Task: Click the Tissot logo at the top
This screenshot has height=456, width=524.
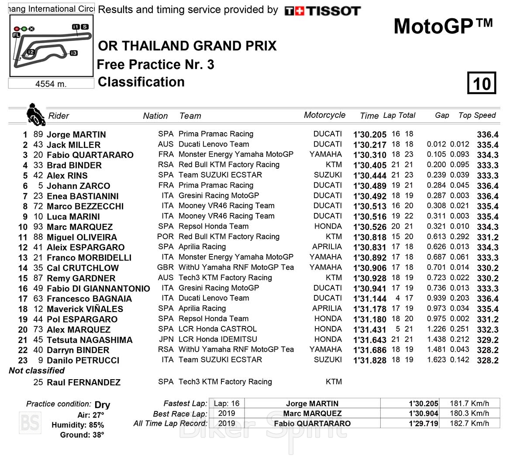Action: click(x=322, y=11)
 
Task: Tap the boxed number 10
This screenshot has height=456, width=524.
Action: click(x=482, y=83)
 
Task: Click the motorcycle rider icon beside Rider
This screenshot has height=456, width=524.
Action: click(x=35, y=114)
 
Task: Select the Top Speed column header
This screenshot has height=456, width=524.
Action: click(x=477, y=115)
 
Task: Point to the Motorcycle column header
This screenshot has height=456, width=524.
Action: click(x=324, y=115)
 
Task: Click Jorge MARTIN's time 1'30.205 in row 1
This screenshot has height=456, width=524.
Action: click(x=369, y=134)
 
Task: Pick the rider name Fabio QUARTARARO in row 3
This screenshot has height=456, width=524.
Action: click(x=90, y=155)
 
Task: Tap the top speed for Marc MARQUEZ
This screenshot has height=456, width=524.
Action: click(x=487, y=227)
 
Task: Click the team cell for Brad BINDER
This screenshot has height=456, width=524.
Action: click(x=229, y=165)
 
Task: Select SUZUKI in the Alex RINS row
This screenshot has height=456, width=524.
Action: click(x=327, y=175)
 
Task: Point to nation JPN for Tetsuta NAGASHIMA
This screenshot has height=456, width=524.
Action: click(x=165, y=339)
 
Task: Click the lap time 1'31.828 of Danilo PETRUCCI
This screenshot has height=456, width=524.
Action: click(x=369, y=360)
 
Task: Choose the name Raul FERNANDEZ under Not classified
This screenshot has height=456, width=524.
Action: click(x=83, y=382)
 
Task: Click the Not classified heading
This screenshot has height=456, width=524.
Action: click(x=37, y=370)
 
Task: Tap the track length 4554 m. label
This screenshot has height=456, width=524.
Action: click(x=51, y=84)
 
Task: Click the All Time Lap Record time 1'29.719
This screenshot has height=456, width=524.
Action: click(x=423, y=423)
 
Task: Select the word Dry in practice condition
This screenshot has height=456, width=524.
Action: click(x=102, y=405)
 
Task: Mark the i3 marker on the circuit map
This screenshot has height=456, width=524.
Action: click(x=73, y=53)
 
